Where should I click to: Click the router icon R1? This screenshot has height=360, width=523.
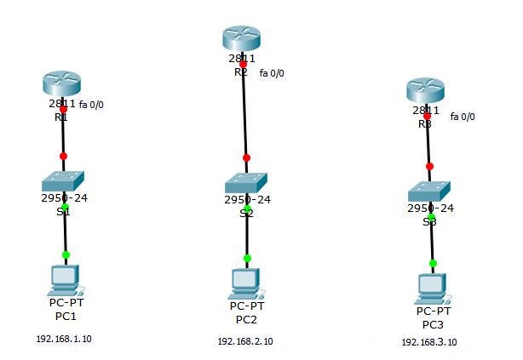pyautogui.click(x=63, y=85)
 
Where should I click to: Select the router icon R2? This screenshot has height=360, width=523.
pyautogui.click(x=243, y=38)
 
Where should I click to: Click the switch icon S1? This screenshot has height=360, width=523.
pyautogui.click(x=64, y=181)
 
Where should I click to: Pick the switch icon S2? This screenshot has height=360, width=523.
pyautogui.click(x=246, y=182)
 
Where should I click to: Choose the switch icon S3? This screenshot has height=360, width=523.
pyautogui.click(x=429, y=191)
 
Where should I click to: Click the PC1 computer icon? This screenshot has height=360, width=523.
pyautogui.click(x=66, y=278)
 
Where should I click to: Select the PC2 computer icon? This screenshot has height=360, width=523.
pyautogui.click(x=247, y=281)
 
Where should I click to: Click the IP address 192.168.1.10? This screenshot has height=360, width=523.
pyautogui.click(x=63, y=339)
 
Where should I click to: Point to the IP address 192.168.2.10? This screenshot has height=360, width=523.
pyautogui.click(x=245, y=341)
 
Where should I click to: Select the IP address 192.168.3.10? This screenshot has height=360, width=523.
pyautogui.click(x=429, y=342)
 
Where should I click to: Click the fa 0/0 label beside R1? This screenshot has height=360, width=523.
pyautogui.click(x=96, y=106)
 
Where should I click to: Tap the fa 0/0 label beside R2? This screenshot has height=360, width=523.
pyautogui.click(x=272, y=73)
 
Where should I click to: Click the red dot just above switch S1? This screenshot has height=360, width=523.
pyautogui.click(x=63, y=156)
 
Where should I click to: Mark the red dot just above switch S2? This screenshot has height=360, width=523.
pyautogui.click(x=246, y=157)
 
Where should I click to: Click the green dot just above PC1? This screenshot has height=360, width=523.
pyautogui.click(x=66, y=254)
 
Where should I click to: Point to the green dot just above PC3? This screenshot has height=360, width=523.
pyautogui.click(x=433, y=264)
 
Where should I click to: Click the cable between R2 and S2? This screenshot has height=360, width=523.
pyautogui.click(x=244, y=111)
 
